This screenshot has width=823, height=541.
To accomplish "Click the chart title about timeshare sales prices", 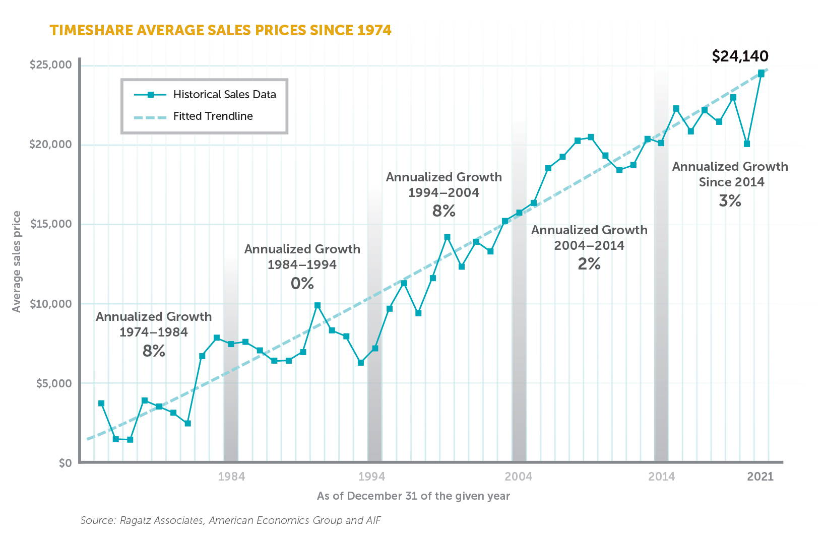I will tap(220, 30).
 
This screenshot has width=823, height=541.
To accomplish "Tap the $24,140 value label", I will tap(740, 56).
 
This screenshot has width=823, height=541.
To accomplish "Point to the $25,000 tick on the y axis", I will tap(50, 65).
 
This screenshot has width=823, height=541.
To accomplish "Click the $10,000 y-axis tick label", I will tap(50, 304).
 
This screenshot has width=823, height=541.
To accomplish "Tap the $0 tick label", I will tap(65, 463).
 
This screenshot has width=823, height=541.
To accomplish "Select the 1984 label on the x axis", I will tap(231, 477).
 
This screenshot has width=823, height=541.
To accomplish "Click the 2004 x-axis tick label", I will tap(519, 477).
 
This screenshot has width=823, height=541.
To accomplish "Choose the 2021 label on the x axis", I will tap(760, 477).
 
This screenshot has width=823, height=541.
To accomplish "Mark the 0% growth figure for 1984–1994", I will tap(302, 284).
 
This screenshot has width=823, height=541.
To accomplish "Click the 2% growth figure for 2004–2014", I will tap(589, 264).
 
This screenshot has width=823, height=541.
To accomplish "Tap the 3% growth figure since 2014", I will tap(730, 201).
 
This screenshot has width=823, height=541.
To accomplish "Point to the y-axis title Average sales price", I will tap(17, 261).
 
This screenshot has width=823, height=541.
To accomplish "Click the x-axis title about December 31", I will tap(413, 496).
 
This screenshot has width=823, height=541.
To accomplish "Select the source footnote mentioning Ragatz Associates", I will tap(230, 520).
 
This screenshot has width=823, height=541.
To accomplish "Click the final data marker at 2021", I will tap(761, 74).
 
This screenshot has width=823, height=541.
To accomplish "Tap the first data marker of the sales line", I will tap(101, 403).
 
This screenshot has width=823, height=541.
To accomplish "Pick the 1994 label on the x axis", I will tap(371, 477).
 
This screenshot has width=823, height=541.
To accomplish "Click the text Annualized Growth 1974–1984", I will tap(154, 324).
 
